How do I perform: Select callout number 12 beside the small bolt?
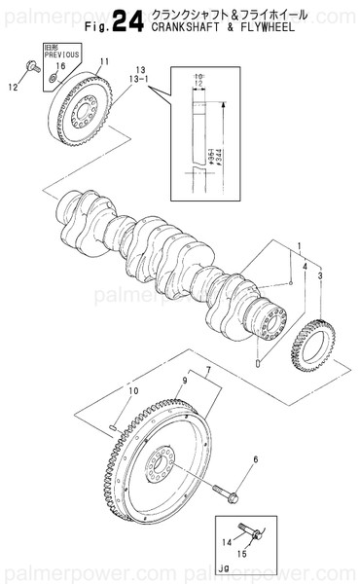pyautogui.click(x=13, y=87)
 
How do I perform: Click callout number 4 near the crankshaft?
pyautogui.click(x=305, y=265)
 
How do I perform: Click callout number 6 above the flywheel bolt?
pyautogui.click(x=255, y=458)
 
